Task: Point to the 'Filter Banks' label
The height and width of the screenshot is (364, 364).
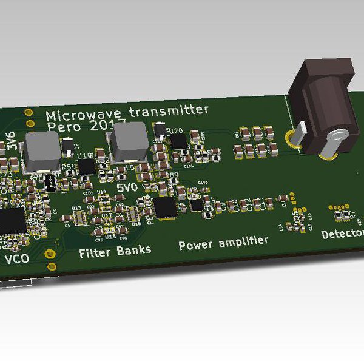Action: (115, 251)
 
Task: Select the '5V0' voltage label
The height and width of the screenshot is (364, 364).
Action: (128, 188)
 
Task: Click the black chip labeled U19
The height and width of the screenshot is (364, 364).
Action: (87, 166)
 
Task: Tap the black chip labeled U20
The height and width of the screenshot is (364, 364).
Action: (179, 141)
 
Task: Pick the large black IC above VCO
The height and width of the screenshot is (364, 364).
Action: (10, 221)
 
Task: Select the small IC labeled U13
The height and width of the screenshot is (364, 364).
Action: (78, 215)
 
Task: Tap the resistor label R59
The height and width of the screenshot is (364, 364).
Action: (69, 167)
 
